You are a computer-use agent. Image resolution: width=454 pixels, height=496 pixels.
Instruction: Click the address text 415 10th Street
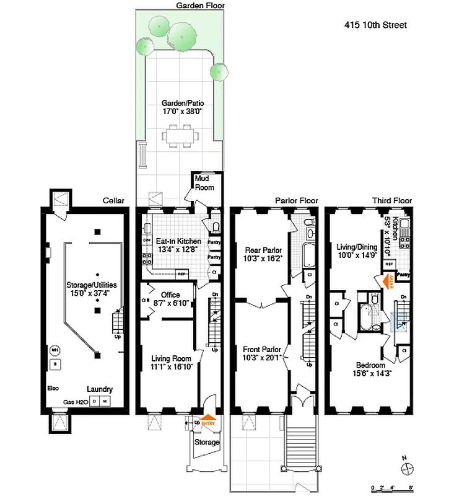pos(375,25)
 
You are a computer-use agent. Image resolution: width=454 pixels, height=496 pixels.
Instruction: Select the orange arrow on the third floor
pos(388,283)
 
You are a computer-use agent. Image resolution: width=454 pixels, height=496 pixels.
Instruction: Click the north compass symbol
pos(407,467)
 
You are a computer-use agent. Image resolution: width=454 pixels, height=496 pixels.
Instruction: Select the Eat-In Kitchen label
pos(178,241)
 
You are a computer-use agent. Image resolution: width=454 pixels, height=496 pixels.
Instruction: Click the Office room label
pos(170,294)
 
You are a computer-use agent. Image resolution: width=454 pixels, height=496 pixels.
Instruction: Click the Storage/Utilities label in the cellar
pos(92,285)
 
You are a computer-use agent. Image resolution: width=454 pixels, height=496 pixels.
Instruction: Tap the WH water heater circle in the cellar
pos(55,350)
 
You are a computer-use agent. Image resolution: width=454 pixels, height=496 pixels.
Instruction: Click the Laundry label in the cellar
pos(99,389)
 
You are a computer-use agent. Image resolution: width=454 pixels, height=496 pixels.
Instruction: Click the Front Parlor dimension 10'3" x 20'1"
pos(264,358)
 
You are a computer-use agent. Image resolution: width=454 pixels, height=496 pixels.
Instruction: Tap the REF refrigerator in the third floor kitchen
pos(390,264)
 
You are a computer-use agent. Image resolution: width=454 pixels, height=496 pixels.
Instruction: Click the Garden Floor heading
pos(200,5)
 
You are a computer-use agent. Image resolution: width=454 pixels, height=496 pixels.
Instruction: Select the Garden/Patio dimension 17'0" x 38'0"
pos(183,112)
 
